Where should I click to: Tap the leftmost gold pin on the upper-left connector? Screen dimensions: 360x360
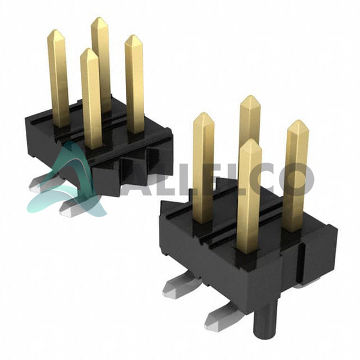pos(58,78)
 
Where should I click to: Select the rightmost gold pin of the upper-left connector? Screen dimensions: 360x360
pos(134,84)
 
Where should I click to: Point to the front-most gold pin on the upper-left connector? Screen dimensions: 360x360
pos(91,99)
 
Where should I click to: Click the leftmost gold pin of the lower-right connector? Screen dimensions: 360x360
pos(203,168)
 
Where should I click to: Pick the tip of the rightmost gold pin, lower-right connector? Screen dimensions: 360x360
pos(298,121)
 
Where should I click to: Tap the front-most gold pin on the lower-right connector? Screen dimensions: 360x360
pos(250,196)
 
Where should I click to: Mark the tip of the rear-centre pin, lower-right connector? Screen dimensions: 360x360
pos(250,96)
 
